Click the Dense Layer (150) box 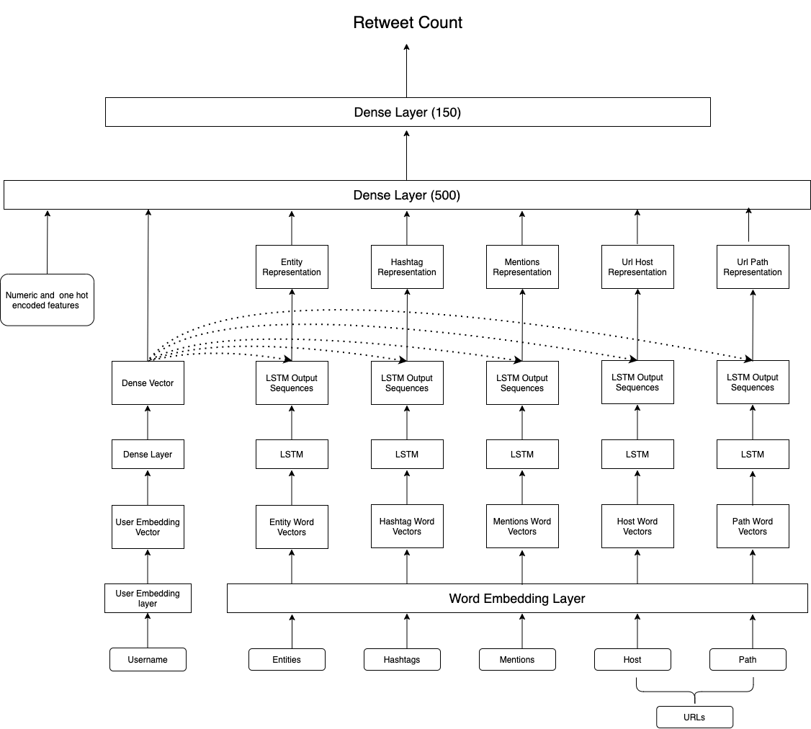[x=408, y=112]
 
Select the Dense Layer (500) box [x=407, y=195]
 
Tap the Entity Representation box [x=292, y=267]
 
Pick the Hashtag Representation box [x=407, y=267]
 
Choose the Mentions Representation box [x=522, y=267]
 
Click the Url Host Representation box [x=637, y=267]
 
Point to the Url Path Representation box [x=753, y=267]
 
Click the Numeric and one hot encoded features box [x=47, y=300]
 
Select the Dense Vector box [x=148, y=383]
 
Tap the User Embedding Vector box [x=148, y=527]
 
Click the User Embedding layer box [x=148, y=598]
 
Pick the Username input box [x=148, y=659]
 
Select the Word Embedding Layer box [x=517, y=599]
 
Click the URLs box [x=694, y=717]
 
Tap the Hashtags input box [x=402, y=659]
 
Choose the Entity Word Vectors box [x=292, y=527]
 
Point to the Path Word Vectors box [x=753, y=527]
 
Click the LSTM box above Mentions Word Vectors [x=522, y=455]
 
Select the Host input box [x=632, y=659]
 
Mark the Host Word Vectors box [x=637, y=527]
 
